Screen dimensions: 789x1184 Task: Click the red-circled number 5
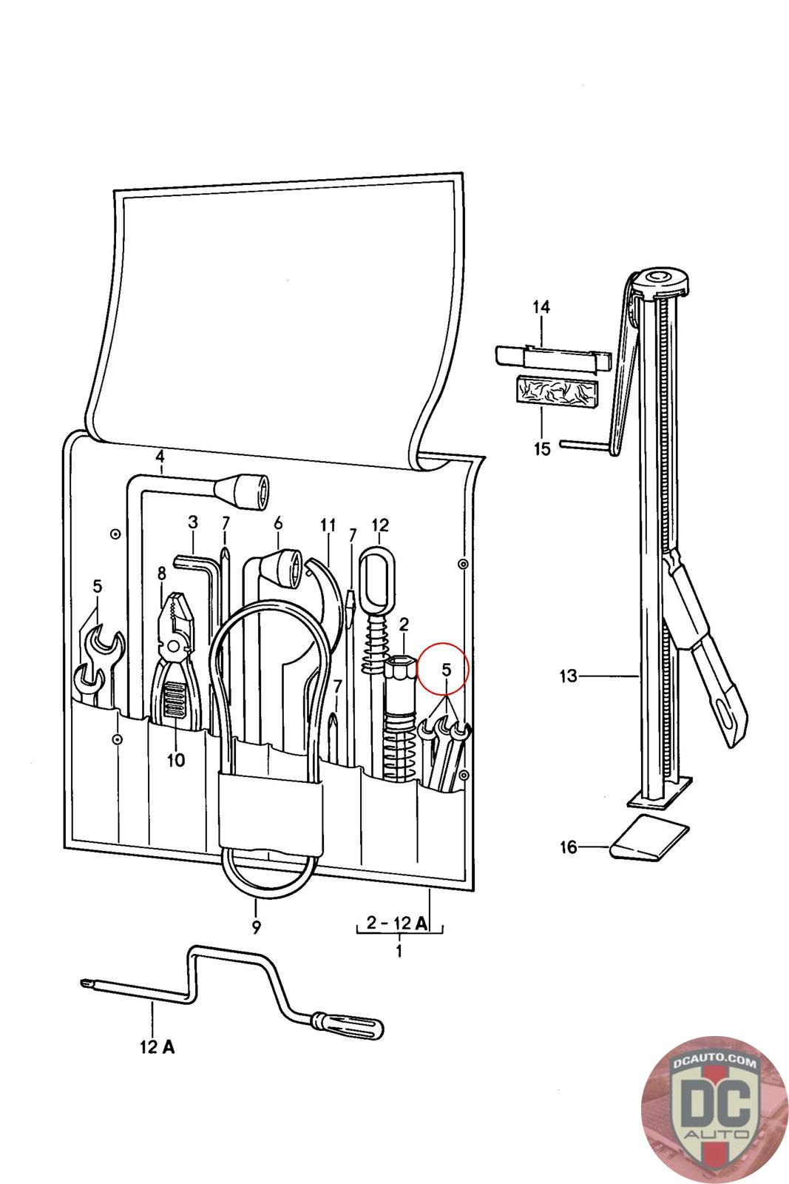click(x=446, y=670)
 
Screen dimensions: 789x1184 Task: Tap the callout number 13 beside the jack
click(x=568, y=676)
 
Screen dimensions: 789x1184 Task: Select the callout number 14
click(x=541, y=306)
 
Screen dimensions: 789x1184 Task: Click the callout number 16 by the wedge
click(x=568, y=847)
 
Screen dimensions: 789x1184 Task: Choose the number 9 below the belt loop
click(x=256, y=927)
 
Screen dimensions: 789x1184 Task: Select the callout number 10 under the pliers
click(x=176, y=761)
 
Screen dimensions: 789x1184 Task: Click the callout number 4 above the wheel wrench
click(x=160, y=456)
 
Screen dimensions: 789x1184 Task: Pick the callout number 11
click(x=328, y=525)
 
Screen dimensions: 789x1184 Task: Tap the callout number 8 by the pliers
click(x=161, y=573)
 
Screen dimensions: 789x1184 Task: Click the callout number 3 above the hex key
click(x=193, y=522)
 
